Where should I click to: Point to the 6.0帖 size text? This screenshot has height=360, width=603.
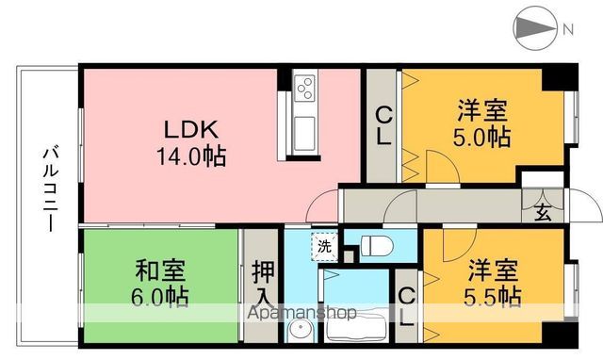(158, 297)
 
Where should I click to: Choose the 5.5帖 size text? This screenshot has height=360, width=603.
(492, 296)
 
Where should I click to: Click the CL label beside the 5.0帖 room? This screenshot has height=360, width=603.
(384, 125)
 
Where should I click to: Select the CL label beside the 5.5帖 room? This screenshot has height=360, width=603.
(406, 307)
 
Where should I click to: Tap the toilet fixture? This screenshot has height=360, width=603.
(375, 247)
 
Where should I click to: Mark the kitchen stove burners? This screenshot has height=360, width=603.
(305, 90)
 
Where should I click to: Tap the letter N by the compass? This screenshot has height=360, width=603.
(567, 29)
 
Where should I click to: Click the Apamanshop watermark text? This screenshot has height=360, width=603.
(301, 313)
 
